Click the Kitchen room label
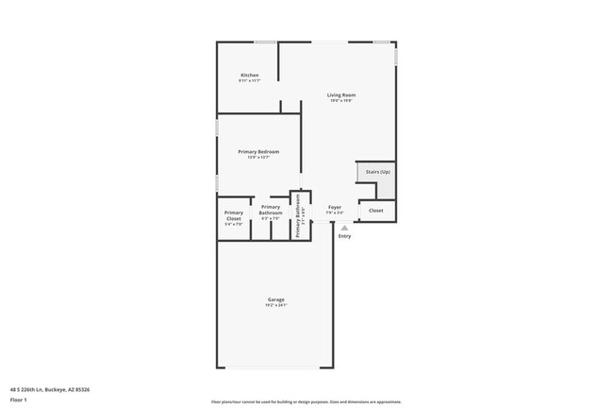tap(249, 75)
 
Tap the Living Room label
tap(341, 94)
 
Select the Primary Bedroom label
tap(258, 151)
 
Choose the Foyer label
tap(335, 206)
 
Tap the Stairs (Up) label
tap(378, 171)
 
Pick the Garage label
tap(275, 299)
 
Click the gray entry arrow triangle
tap(345, 228)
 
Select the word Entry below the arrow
tap(345, 236)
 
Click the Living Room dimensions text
tap(341, 101)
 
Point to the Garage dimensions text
tap(275, 305)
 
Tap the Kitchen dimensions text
tap(249, 81)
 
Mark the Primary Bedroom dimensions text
tap(258, 158)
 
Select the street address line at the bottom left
tap(50, 388)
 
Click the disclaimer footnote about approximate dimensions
tap(306, 401)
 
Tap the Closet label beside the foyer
tap(376, 211)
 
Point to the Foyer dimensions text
tap(335, 213)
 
